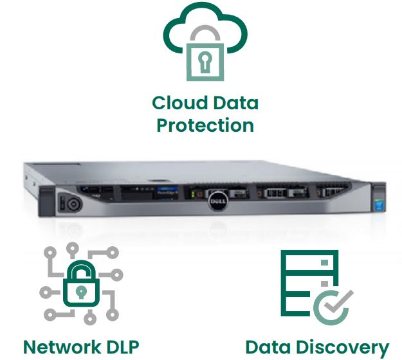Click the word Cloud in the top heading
click(x=179, y=103)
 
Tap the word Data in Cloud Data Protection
click(x=234, y=103)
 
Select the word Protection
click(x=205, y=125)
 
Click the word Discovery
click(x=349, y=348)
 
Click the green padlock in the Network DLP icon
click(x=81, y=287)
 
